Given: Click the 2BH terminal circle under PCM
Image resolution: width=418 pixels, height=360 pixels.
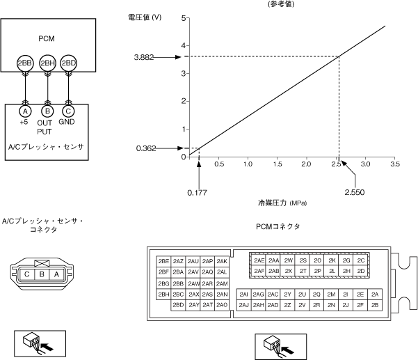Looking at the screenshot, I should (x=47, y=63).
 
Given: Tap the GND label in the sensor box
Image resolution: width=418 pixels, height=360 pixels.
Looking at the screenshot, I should (x=67, y=123).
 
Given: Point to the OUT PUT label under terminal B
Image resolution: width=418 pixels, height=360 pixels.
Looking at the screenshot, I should (x=45, y=127).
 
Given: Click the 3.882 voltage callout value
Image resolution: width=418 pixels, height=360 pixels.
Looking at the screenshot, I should (x=144, y=56).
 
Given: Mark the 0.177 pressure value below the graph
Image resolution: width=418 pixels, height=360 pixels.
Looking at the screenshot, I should (x=198, y=191).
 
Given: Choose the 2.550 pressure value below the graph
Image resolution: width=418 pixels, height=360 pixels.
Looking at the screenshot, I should (x=355, y=191).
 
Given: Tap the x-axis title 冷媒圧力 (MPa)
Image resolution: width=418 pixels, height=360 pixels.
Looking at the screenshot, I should (x=282, y=203).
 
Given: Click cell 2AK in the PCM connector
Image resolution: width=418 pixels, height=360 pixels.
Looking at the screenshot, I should (x=222, y=261).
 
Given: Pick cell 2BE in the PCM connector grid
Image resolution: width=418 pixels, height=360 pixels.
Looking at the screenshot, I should (x=164, y=261).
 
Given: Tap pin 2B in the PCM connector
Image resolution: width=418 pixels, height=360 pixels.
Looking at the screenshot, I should (x=376, y=305).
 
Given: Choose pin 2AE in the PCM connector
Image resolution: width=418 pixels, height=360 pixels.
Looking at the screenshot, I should (x=259, y=260).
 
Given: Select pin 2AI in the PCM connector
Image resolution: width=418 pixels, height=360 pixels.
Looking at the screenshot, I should (x=243, y=294).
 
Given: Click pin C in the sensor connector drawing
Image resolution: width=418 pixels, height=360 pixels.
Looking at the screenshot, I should (x=26, y=274).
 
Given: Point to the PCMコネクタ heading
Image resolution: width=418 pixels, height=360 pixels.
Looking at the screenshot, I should (x=278, y=226).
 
